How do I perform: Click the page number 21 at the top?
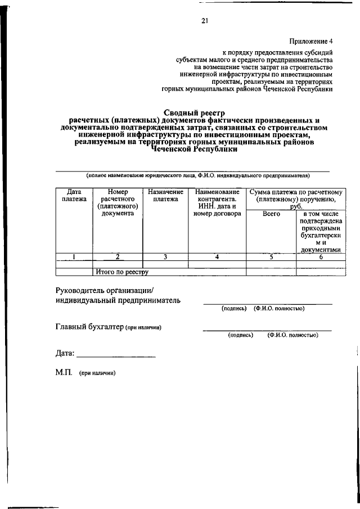click(x=205, y=21)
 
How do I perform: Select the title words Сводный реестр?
click(x=193, y=112)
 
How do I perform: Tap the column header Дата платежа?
click(x=74, y=195)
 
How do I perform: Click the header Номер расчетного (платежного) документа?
click(x=118, y=202)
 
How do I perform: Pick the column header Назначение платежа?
click(x=165, y=195)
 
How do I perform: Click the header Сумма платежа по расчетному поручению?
click(x=295, y=199)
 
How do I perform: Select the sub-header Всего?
click(x=271, y=214)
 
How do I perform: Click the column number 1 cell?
click(x=74, y=257)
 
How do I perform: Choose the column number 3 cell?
click(x=165, y=257)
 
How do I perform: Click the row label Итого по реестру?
click(x=121, y=272)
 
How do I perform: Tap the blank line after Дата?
click(x=116, y=355)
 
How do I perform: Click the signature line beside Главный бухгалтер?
click(x=267, y=329)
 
